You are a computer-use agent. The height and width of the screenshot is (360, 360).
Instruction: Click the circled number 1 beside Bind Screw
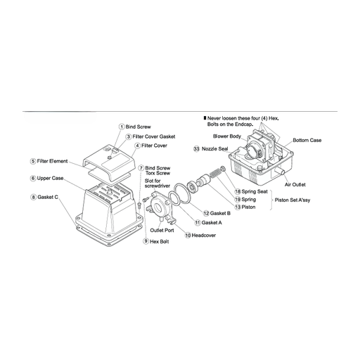(122, 127)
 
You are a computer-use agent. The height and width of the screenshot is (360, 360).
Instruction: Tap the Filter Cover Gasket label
(154, 136)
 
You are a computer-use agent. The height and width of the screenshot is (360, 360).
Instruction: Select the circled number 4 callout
(138, 146)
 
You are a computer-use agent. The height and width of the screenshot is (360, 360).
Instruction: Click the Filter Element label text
(52, 161)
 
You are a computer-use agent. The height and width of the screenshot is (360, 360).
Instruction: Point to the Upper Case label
(50, 179)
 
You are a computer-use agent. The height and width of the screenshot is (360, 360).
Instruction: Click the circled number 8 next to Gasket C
(33, 198)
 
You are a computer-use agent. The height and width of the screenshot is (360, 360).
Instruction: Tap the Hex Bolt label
(159, 242)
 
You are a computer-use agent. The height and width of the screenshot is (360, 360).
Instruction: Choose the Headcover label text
(204, 236)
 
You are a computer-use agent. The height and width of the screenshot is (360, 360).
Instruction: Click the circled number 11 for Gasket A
(198, 223)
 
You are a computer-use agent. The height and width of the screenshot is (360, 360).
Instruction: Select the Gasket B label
(220, 213)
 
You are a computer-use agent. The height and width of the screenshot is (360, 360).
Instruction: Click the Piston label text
(248, 207)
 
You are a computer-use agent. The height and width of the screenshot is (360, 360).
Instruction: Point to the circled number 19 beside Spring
(238, 200)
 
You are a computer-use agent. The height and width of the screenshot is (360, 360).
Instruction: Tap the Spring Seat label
(255, 192)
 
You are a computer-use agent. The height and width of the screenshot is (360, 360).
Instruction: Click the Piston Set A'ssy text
(292, 200)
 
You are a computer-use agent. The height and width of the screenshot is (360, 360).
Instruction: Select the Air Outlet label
(295, 185)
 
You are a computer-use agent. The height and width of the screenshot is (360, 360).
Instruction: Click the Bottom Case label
(307, 141)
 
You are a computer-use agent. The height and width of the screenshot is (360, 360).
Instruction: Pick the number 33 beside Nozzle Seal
(196, 149)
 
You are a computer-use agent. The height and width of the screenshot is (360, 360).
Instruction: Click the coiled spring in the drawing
(215, 174)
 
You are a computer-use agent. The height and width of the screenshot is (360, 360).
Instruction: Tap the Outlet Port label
(162, 231)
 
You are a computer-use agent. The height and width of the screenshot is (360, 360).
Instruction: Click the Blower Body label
(227, 136)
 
